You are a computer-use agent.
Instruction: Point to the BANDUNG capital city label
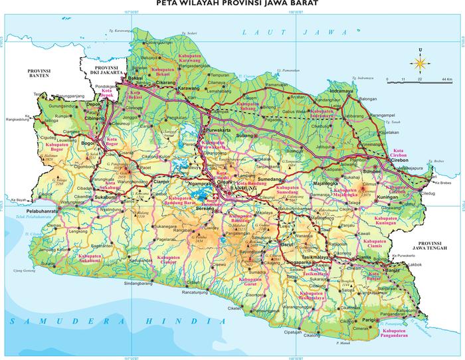tap(240, 189)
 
